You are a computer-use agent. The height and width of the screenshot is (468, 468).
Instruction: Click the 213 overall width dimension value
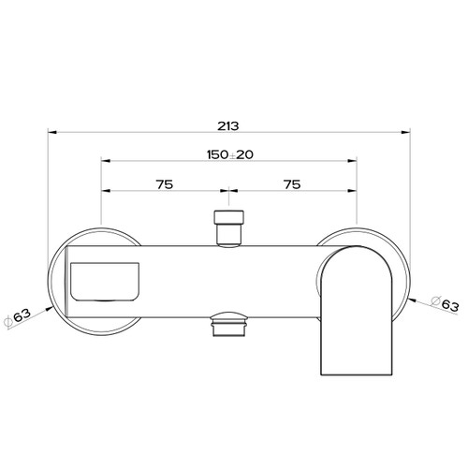[227, 124]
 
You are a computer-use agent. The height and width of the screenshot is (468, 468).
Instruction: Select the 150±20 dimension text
[227, 154]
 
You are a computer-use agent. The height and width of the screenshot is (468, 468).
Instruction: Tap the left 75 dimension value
[164, 184]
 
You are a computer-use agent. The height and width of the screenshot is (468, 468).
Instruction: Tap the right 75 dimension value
[291, 184]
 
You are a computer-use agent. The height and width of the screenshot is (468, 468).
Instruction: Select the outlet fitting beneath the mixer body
[228, 325]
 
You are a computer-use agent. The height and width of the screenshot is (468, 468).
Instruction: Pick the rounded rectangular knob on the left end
[104, 284]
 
